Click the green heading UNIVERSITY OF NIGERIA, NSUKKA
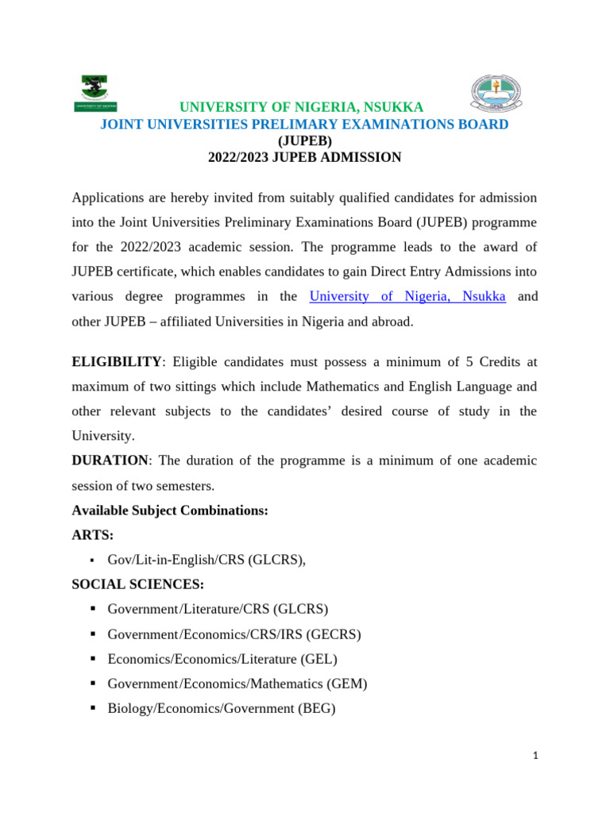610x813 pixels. tap(301, 107)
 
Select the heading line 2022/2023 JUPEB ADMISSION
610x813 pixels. tap(304, 157)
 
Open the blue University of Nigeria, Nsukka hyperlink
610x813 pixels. tap(407, 296)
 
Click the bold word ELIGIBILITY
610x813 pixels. tap(117, 361)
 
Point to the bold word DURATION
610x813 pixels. tap(110, 460)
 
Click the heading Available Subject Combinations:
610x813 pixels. tap(170, 511)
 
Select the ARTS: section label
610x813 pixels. tap(93, 535)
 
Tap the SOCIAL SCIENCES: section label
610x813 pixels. tap(137, 584)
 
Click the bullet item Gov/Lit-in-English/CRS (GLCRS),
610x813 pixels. tap(207, 560)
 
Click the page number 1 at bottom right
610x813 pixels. tap(536, 757)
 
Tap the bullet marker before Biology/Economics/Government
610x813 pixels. tap(93, 708)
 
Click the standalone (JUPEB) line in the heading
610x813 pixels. tap(304, 141)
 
